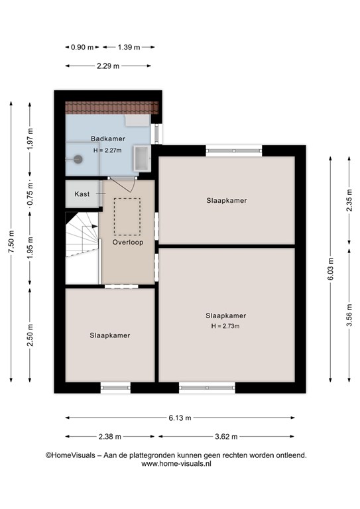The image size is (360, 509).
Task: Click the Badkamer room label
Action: point(108,139)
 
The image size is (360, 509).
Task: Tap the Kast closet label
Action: point(82,194)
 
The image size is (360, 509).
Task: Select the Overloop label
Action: point(128,242)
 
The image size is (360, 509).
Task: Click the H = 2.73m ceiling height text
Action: point(225,326)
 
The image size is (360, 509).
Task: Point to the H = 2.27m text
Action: point(107,150)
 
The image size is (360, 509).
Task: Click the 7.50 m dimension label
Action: point(11,241)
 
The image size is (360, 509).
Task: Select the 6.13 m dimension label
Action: point(180,418)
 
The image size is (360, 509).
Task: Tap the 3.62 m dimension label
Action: point(226,437)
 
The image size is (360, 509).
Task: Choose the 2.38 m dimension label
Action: point(109,437)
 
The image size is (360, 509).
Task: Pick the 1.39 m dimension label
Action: point(129,47)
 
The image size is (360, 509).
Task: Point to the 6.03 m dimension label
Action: point(330,269)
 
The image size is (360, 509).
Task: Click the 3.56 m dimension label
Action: point(349,315)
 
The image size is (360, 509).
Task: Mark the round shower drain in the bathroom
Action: point(78,159)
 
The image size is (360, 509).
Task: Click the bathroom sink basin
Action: point(142,158)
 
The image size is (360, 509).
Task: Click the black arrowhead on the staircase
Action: point(95,226)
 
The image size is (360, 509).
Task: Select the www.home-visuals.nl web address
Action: point(176,463)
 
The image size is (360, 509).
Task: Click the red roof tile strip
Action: point(112,107)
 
